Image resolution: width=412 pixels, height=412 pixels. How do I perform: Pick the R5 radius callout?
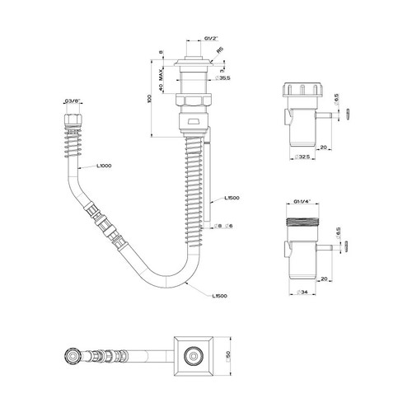[x=218, y=49]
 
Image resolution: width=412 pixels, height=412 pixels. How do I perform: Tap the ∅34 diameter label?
[x=302, y=291]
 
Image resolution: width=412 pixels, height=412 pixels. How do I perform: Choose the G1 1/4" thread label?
[x=302, y=200]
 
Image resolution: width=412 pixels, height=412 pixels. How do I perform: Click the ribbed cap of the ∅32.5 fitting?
[x=301, y=93]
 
